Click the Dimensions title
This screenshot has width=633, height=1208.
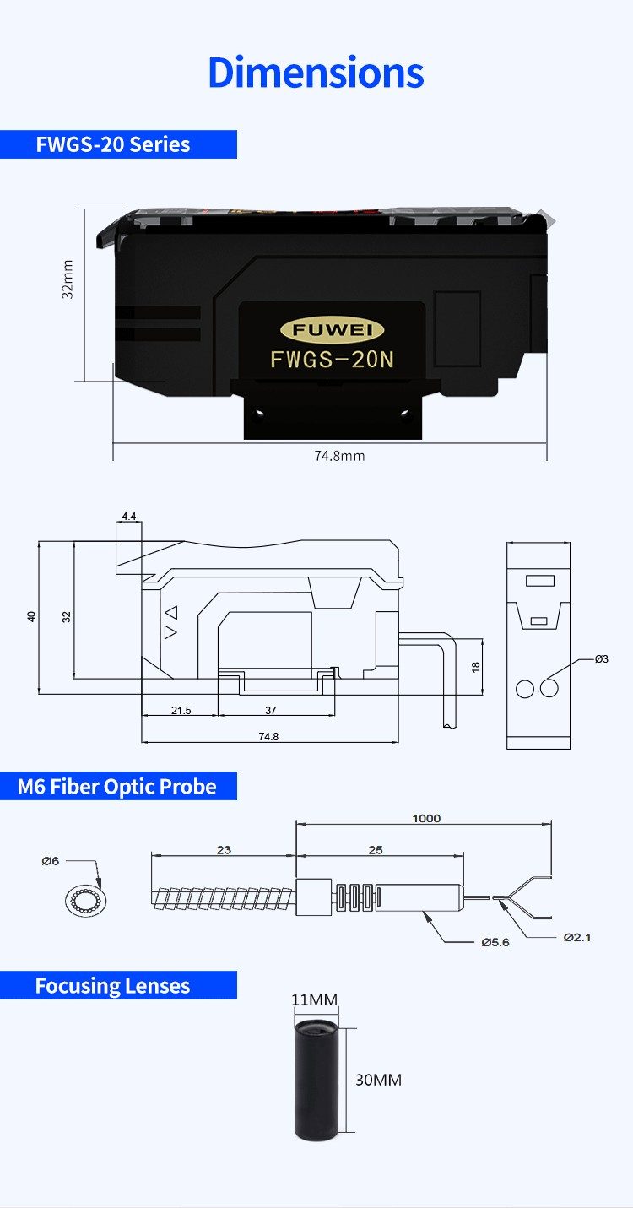click(x=316, y=73)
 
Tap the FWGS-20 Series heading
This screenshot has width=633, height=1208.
click(x=113, y=144)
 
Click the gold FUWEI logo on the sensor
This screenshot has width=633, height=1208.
click(x=332, y=330)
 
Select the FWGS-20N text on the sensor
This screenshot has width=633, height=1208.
click(x=333, y=360)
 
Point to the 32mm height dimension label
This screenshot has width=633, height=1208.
click(x=68, y=279)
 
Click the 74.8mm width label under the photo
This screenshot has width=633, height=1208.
click(x=339, y=456)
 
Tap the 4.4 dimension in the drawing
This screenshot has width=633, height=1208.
click(x=129, y=515)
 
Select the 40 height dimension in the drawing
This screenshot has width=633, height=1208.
click(x=32, y=616)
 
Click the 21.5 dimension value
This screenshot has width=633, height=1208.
click(x=181, y=711)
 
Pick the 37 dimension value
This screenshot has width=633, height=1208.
click(x=271, y=711)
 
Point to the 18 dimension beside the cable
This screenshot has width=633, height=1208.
click(x=475, y=667)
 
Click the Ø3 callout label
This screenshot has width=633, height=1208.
click(x=601, y=658)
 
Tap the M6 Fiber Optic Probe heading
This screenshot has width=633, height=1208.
click(x=117, y=787)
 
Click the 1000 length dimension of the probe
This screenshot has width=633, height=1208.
click(x=426, y=818)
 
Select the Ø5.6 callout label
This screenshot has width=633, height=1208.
click(x=495, y=942)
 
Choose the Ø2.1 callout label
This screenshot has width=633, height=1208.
click(x=577, y=937)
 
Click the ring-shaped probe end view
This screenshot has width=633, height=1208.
click(x=85, y=901)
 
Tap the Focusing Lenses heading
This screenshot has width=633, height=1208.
click(x=112, y=986)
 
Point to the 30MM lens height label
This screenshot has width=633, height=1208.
click(x=378, y=1080)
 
